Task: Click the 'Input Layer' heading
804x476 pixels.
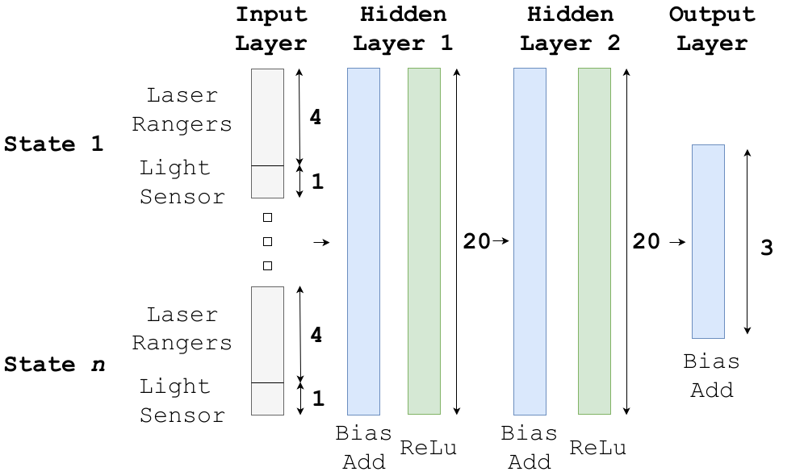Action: point(271,29)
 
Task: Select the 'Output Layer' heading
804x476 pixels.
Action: point(712,29)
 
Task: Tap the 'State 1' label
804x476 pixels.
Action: point(54,144)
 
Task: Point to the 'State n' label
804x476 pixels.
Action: point(54,365)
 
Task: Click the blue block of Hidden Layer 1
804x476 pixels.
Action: point(363,241)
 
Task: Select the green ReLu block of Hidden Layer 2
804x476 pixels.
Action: point(594,241)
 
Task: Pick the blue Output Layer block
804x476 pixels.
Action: point(708,241)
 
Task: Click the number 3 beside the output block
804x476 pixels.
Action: point(767,248)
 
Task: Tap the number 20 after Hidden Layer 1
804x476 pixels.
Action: point(476,241)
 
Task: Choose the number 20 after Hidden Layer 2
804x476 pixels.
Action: point(646,241)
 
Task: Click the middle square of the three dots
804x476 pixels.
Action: point(267,241)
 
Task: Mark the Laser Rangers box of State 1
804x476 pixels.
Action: point(268,117)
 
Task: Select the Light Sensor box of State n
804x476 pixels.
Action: point(268,399)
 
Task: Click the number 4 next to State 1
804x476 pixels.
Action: point(316,117)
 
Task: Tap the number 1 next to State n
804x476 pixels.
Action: point(318,398)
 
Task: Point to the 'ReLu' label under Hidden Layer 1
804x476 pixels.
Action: point(428,448)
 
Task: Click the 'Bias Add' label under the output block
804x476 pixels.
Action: point(712,376)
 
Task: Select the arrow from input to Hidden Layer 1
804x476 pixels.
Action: point(321,242)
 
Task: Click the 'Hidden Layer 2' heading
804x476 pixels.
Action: point(570,29)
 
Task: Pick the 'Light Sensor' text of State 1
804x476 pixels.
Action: point(182,182)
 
